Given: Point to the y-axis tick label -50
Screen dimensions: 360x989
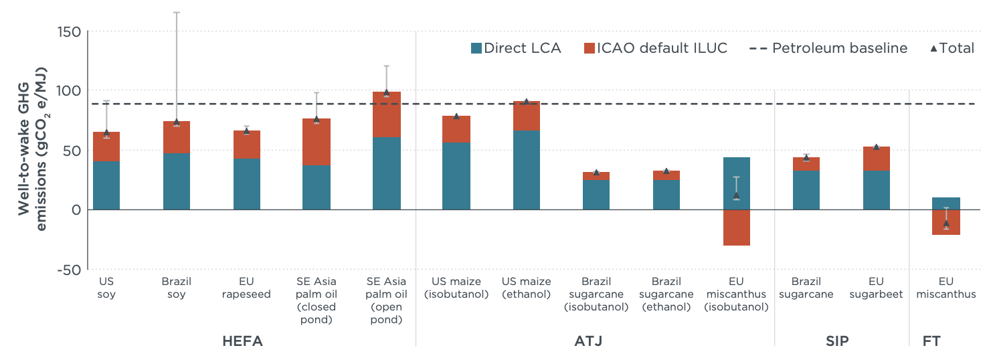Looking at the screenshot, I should coord(67,269).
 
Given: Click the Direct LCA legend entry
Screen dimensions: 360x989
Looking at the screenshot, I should coord(516,48).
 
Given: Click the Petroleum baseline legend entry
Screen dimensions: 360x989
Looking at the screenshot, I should coord(828,48).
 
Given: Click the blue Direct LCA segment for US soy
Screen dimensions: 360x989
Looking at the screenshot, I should coord(106,185).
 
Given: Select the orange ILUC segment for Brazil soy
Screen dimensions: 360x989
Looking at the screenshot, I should coord(177,137).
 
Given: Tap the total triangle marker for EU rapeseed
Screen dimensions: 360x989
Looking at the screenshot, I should coord(246,130).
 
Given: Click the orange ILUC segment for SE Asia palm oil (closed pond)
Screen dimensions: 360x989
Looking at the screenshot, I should coord(316,142).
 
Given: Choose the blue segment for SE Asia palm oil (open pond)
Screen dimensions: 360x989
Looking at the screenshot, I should coord(386,173).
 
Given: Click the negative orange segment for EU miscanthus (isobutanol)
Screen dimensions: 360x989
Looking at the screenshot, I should coord(737,228).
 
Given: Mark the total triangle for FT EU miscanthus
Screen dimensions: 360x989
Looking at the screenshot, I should coord(946,223).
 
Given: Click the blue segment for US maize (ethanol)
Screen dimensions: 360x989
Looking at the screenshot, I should coord(526,170).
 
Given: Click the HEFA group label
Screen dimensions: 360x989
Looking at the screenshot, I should coord(242,342).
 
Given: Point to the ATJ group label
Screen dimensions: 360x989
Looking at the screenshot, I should coord(589,342).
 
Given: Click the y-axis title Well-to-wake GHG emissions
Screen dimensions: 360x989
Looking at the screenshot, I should coord(32,149).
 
